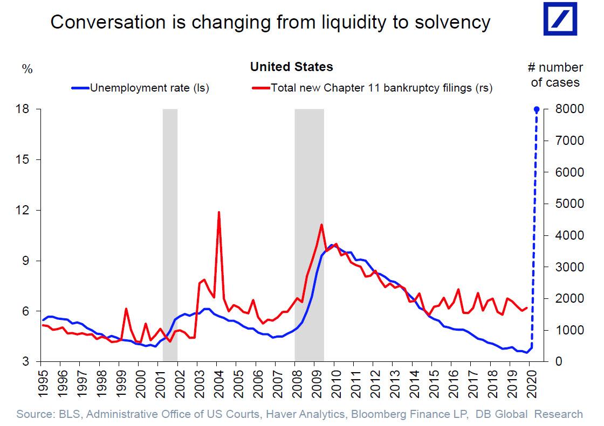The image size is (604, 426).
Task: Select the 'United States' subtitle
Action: coord(291,67)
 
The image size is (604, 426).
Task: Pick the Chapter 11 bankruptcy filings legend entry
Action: coord(372,88)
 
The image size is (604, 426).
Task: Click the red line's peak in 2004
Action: coord(218,212)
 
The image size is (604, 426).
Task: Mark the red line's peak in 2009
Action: coord(321,225)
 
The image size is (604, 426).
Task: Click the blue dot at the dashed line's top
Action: coord(537,109)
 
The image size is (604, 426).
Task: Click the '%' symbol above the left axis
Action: coord(27,69)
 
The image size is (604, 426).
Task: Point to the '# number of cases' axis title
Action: coord(554,75)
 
